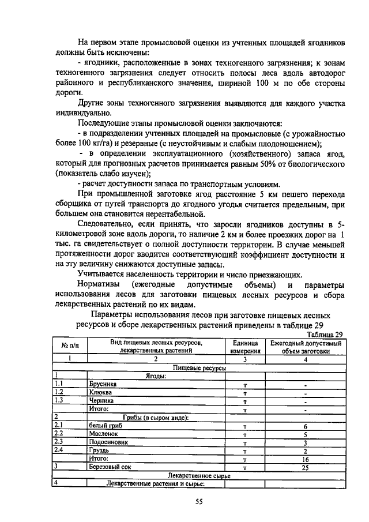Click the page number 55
pos(198,502)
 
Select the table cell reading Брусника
pos(103,383)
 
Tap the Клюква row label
pos(100,392)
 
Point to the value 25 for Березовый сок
pos(306,468)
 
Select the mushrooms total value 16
pos(306,459)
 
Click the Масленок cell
pos(104,434)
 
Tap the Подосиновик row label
pos(108,442)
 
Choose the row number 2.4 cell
pos(59,450)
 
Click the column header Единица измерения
pos(244,347)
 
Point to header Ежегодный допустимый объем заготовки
pos(306,347)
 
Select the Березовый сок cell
pos(111,468)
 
